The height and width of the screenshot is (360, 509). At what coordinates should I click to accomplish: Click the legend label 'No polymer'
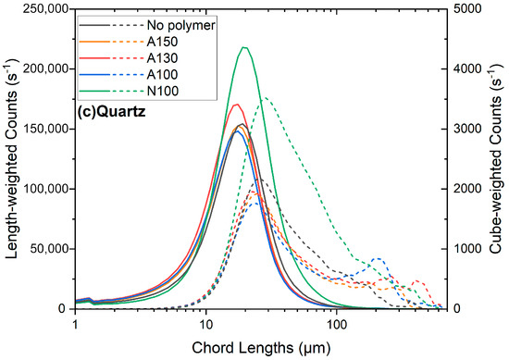(x=185, y=25)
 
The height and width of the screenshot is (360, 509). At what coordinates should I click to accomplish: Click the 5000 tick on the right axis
(x=467, y=9)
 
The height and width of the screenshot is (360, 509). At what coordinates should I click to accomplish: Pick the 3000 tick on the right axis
(x=467, y=129)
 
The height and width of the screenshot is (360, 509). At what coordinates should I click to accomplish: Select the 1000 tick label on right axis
(x=467, y=249)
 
